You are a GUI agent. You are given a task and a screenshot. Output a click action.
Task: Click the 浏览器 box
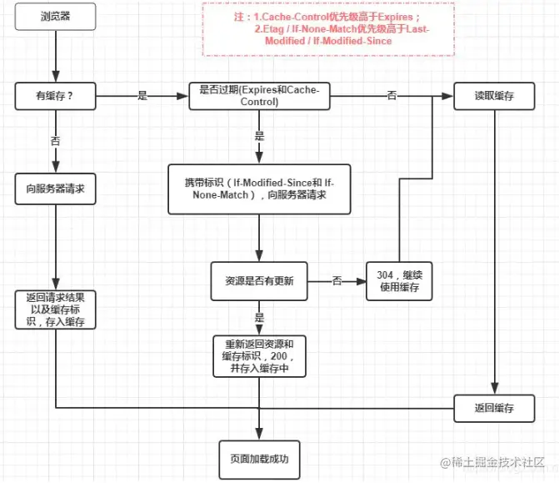(55, 17)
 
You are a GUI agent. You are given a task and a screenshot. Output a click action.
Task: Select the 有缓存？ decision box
(55, 96)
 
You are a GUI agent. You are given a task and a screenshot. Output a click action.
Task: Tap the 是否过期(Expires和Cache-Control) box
(259, 96)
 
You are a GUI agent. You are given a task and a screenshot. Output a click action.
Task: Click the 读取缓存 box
(494, 96)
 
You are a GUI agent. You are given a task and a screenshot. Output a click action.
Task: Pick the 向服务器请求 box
(55, 189)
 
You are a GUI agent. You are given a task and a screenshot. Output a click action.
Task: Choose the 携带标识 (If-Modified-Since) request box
(259, 188)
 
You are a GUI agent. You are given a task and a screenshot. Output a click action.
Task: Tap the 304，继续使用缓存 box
(402, 282)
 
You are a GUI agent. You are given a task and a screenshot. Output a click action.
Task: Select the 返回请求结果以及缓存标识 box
(55, 309)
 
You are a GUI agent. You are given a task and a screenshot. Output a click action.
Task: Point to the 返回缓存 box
(494, 408)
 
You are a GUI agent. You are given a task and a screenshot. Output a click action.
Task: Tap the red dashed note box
(328, 30)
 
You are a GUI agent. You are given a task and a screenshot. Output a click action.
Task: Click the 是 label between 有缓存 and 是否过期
(142, 96)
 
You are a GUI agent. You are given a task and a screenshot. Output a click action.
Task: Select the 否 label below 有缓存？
(55, 142)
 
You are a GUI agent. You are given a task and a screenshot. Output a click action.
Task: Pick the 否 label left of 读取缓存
(392, 96)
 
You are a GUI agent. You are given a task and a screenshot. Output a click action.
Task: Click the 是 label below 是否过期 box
(259, 136)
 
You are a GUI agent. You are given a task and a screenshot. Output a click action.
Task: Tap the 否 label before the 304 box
(337, 281)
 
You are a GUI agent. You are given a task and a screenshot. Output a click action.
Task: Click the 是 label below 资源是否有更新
(259, 318)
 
